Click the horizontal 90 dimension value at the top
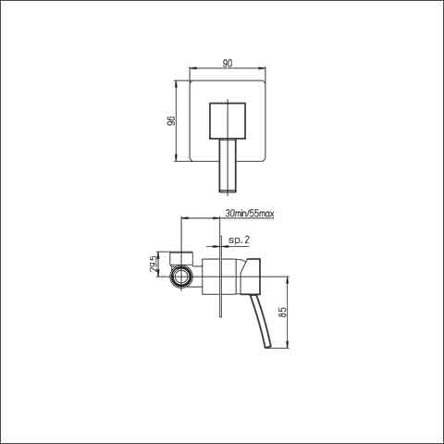[228, 63]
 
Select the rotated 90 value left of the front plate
[171, 121]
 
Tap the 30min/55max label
[250, 214]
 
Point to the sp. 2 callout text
[240, 240]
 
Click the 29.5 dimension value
[154, 264]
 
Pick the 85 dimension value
[282, 312]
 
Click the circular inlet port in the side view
[181, 276]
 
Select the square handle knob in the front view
[228, 121]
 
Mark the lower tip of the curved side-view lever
[268, 348]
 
